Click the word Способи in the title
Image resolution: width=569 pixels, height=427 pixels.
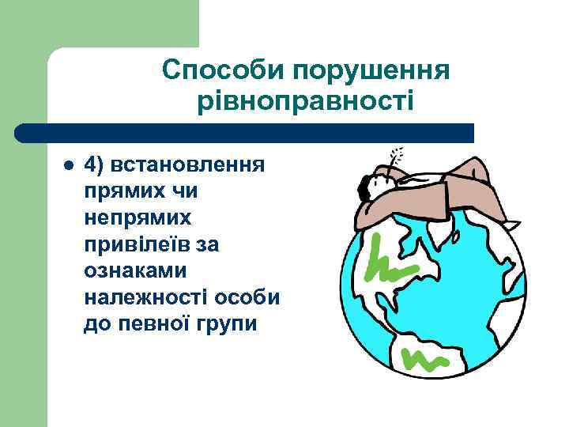(x=224, y=71)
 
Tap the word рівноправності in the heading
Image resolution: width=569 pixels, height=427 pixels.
(x=305, y=101)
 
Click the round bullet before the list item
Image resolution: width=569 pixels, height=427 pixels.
(x=67, y=166)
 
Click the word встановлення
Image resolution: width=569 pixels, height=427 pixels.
(x=189, y=165)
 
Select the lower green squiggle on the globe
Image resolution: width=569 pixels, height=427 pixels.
(x=424, y=360)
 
